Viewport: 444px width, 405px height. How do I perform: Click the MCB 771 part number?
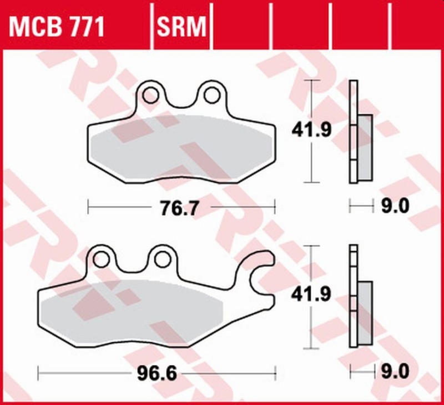coord(56,26)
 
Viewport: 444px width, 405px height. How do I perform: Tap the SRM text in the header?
coord(182,26)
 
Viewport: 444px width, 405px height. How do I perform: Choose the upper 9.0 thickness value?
coord(396,207)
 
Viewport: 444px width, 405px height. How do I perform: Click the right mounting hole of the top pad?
coord(211,95)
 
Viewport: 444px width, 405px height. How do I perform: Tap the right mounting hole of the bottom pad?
coord(162,258)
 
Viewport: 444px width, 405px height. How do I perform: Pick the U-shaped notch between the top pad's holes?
coord(180,100)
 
